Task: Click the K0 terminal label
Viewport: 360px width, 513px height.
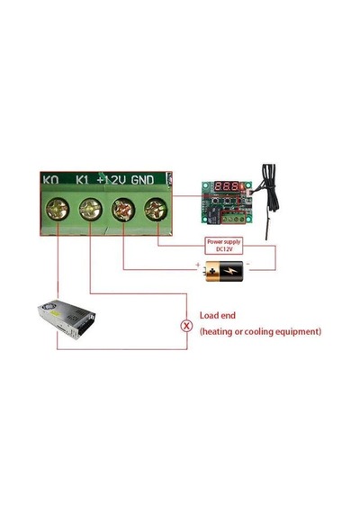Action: (x=50, y=180)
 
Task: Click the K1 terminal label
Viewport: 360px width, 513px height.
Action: (x=82, y=180)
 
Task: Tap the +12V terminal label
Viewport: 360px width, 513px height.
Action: (x=112, y=180)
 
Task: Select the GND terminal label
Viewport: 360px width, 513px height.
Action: (x=142, y=180)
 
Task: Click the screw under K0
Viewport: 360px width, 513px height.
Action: (x=58, y=209)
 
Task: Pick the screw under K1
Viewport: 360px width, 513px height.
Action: (x=90, y=209)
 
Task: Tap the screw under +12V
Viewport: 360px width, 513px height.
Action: (x=123, y=210)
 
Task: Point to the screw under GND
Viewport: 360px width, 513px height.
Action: (x=156, y=210)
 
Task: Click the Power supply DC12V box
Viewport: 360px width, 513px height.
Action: (x=224, y=246)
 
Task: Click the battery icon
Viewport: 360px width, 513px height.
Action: (x=224, y=271)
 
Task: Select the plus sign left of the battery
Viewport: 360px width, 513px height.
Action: (x=198, y=264)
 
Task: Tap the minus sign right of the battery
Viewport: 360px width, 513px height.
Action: (x=248, y=264)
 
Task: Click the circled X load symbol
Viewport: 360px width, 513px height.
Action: (x=186, y=326)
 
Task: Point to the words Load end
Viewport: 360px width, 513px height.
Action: (x=218, y=316)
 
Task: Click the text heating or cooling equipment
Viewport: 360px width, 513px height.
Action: (x=260, y=332)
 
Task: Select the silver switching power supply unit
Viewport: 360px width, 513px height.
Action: (x=67, y=319)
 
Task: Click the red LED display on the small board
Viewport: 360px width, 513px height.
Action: (x=227, y=187)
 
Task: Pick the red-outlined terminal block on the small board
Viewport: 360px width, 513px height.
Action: (x=234, y=217)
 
